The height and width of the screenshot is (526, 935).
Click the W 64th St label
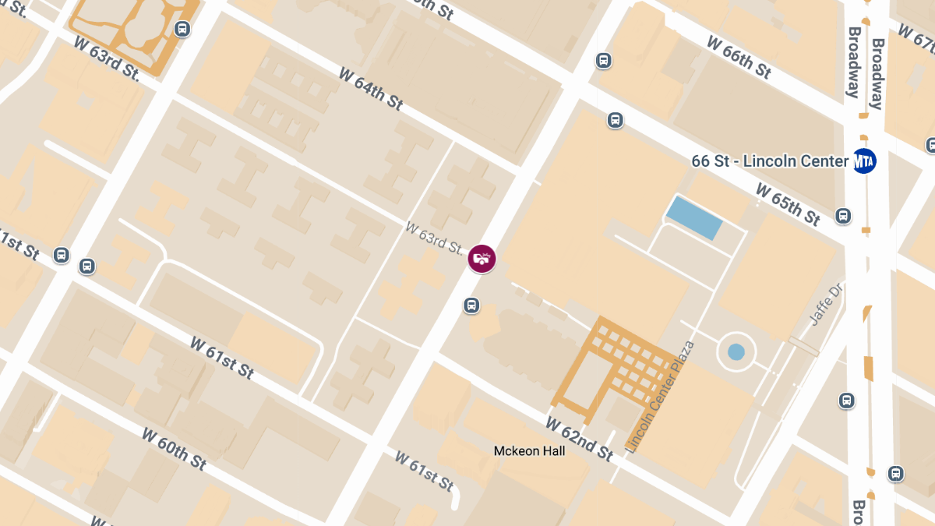click(371, 88)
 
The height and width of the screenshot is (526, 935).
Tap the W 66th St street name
click(739, 56)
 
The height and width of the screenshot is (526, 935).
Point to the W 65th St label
click(788, 203)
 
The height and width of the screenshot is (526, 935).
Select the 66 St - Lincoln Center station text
click(769, 161)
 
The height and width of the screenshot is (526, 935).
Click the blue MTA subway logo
click(864, 161)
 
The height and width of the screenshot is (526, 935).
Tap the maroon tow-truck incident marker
click(482, 259)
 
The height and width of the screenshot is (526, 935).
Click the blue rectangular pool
click(694, 218)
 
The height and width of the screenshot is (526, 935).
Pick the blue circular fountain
click(736, 351)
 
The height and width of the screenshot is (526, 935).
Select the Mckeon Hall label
click(529, 450)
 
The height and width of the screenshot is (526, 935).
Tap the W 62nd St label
click(579, 438)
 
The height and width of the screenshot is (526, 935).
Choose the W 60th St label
click(175, 448)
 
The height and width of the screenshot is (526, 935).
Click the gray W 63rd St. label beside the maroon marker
click(434, 238)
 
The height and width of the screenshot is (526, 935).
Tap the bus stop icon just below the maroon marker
click(471, 305)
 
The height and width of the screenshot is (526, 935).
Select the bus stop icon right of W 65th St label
click(842, 216)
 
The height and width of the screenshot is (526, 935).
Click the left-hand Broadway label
click(854, 62)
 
